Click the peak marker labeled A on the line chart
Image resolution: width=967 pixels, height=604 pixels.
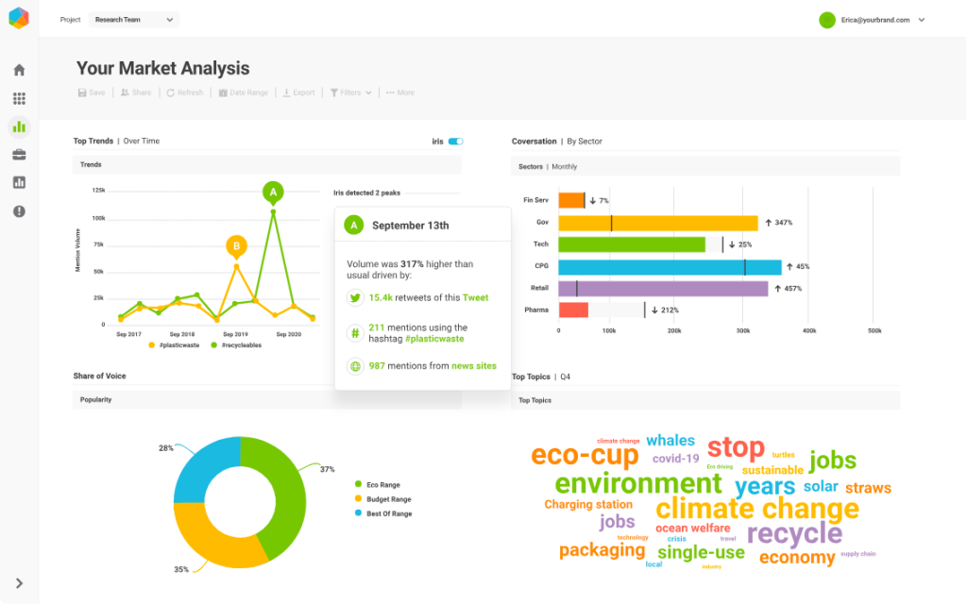click(273, 193)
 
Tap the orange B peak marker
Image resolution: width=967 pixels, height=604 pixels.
click(237, 246)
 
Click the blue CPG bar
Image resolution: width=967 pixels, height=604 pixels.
click(670, 266)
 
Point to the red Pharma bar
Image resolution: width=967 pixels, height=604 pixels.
click(573, 310)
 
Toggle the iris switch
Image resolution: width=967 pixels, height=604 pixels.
click(455, 142)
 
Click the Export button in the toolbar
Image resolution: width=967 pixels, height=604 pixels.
click(299, 92)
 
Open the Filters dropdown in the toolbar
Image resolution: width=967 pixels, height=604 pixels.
click(350, 92)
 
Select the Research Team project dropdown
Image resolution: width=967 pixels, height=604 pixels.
click(133, 19)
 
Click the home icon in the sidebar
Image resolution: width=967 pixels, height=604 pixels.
click(19, 70)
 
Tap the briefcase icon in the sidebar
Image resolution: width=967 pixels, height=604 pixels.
click(19, 155)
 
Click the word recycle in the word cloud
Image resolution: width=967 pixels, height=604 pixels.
click(794, 533)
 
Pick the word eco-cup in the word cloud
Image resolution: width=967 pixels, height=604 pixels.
click(585, 455)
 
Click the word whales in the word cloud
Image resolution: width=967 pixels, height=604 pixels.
click(670, 440)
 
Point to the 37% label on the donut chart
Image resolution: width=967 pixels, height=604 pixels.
click(327, 469)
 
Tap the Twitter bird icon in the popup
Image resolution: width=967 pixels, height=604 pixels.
click(355, 297)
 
